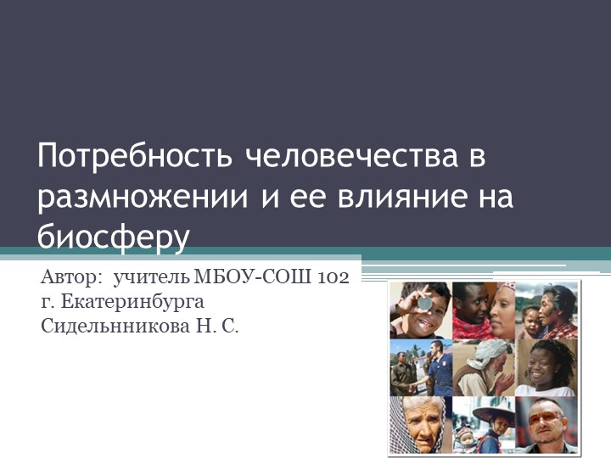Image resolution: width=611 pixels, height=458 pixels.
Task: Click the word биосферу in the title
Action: click(113, 236)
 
